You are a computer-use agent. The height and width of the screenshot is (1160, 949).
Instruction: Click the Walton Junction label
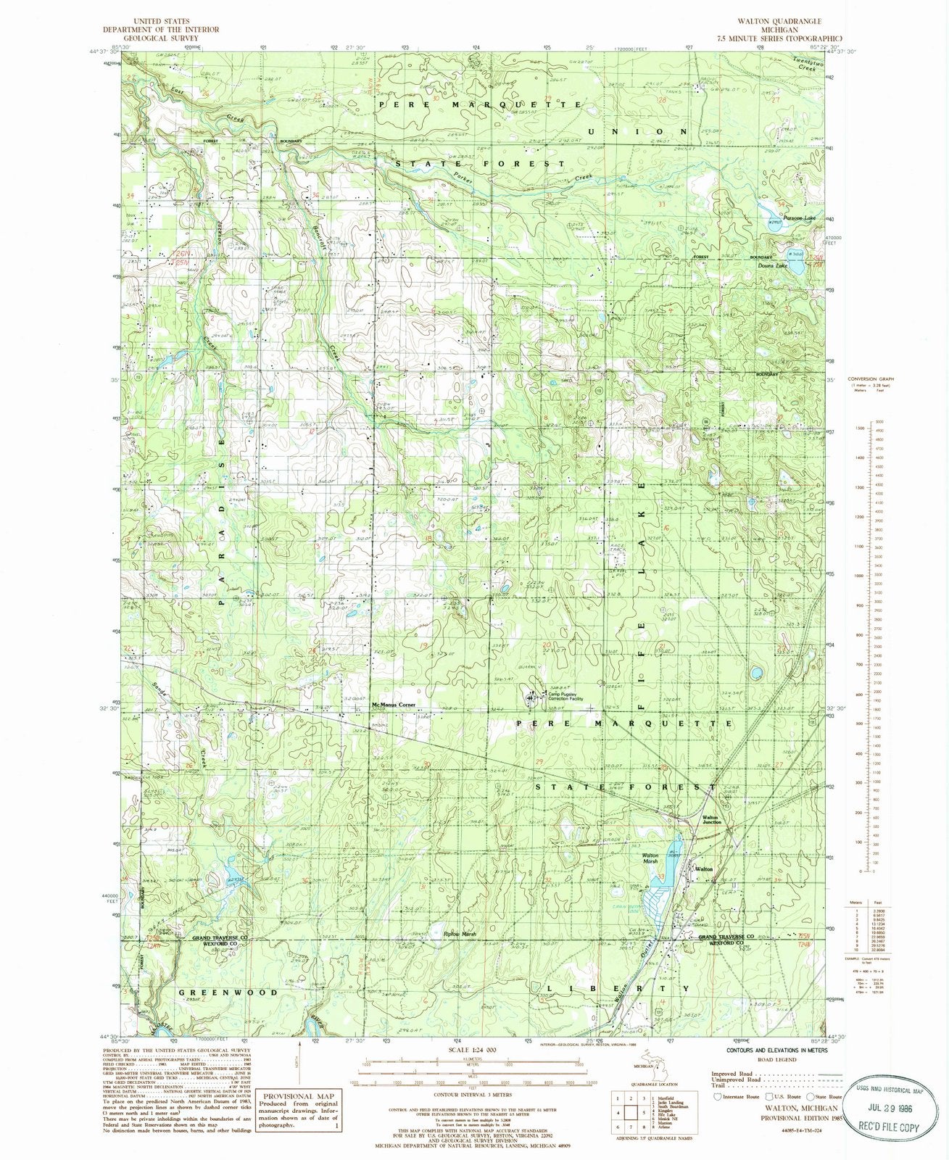tap(711, 820)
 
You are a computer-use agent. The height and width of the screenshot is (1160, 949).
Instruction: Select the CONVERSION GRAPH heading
tap(874, 378)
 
